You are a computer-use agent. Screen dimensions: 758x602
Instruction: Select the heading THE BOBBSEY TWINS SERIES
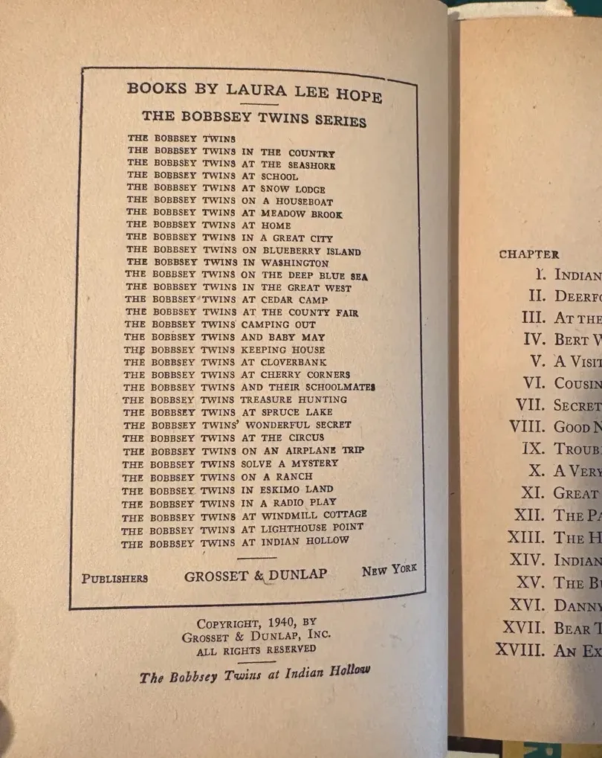coord(253,118)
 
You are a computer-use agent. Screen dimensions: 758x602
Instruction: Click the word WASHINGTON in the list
coord(295,263)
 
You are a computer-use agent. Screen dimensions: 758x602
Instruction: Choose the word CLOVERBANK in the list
coord(294,362)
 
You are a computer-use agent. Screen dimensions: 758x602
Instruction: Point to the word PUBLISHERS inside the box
coord(114,579)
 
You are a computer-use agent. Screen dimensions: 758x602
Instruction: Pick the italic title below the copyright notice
coord(254,675)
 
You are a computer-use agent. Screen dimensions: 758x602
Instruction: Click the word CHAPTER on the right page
coord(528,254)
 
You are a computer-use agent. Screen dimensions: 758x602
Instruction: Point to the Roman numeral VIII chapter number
coord(527,427)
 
